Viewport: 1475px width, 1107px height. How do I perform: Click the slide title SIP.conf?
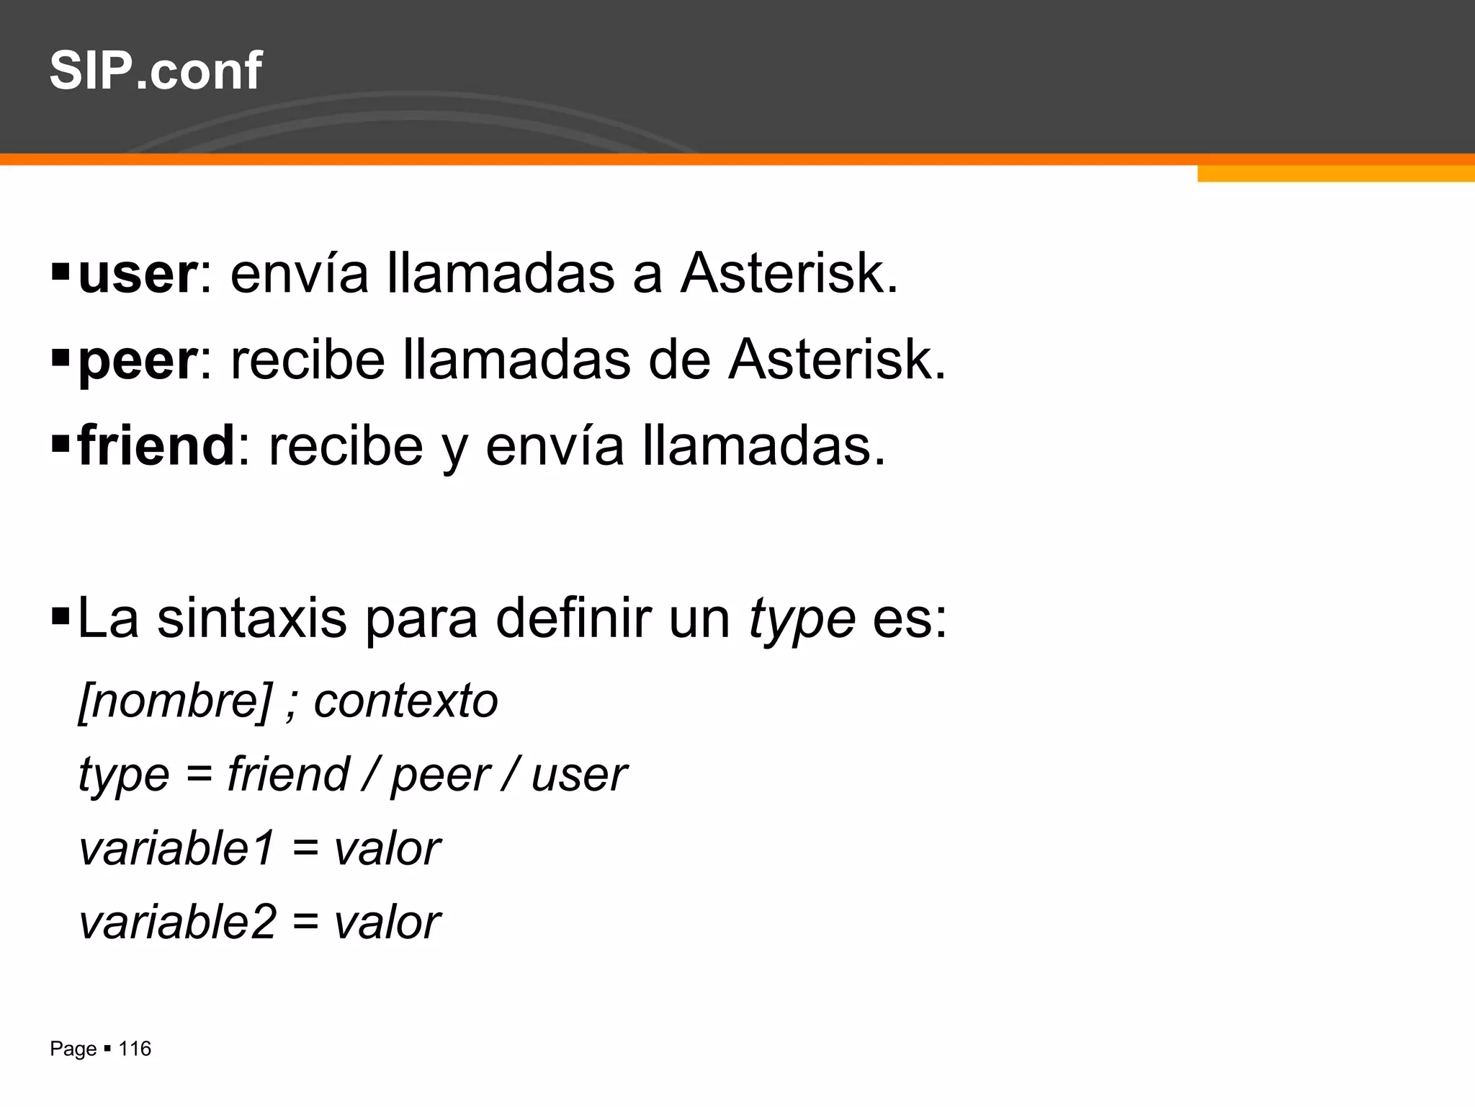(156, 71)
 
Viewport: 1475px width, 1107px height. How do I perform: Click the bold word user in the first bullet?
(137, 275)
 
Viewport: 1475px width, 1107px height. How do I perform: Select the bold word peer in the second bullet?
(137, 361)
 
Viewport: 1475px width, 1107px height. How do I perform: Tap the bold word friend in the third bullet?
(156, 446)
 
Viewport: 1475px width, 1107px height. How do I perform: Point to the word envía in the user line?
(299, 275)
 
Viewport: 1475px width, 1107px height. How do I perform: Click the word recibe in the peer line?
(308, 360)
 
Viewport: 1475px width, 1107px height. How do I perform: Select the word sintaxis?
(252, 618)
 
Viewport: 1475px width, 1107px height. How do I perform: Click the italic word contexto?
(405, 701)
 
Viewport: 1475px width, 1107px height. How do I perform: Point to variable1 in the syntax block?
(177, 849)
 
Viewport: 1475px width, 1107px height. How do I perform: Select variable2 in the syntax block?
(177, 922)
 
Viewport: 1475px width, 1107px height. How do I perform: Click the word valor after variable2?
(387, 922)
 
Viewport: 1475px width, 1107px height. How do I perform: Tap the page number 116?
(135, 1049)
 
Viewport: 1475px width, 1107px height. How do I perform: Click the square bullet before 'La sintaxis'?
(60, 616)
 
